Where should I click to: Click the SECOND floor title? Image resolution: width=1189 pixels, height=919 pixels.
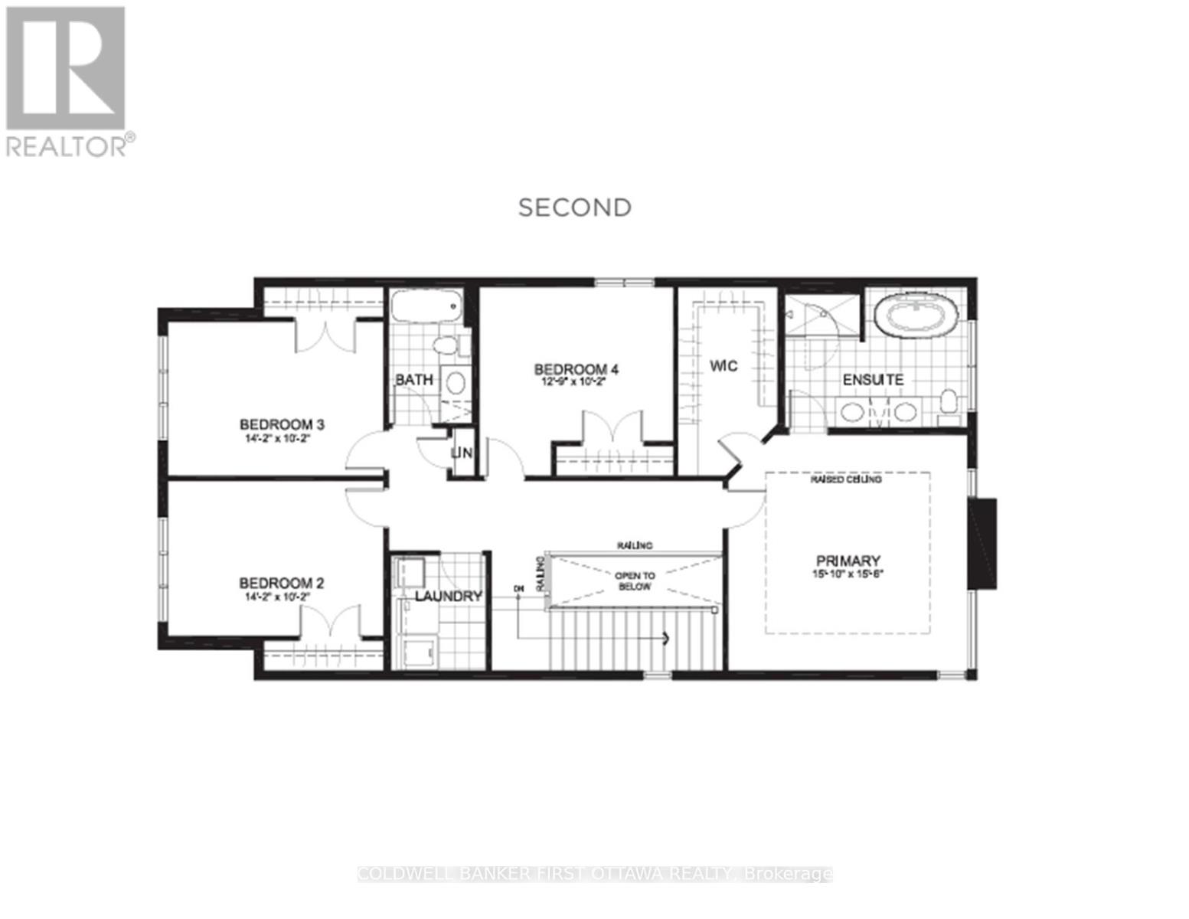coord(575,208)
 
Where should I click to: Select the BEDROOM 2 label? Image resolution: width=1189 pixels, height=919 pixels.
coord(281,584)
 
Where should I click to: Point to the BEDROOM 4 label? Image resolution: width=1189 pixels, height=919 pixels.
coord(576,370)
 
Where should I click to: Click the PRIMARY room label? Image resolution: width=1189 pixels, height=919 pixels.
coord(848,561)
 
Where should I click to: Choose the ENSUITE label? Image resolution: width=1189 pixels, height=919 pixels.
coord(873,380)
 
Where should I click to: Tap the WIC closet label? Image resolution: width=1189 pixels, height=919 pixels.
coord(723,366)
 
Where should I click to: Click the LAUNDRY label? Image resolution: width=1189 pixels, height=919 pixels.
coord(449,597)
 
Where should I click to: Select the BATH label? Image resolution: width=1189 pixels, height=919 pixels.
coord(414,380)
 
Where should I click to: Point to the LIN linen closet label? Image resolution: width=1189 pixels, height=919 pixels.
coord(462,453)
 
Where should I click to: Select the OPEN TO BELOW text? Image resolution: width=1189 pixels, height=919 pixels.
coord(635,581)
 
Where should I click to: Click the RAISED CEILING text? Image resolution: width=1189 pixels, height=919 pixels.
coord(846,479)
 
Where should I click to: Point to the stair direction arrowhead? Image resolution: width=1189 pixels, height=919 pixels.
coord(666,638)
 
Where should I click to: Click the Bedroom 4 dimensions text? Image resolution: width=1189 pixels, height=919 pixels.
coord(576,382)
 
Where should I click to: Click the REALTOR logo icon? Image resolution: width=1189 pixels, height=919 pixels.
coord(65,68)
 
